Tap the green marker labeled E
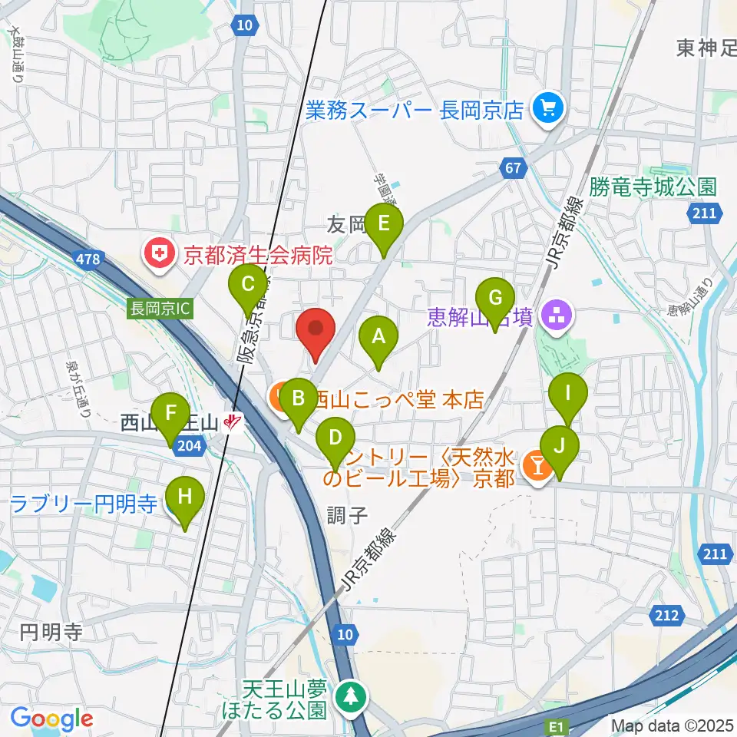(x=384, y=226)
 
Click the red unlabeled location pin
(x=316, y=330)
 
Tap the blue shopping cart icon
(x=550, y=109)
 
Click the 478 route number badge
(x=88, y=259)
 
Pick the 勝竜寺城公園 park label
(x=654, y=187)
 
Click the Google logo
(x=51, y=719)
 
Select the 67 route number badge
(x=514, y=167)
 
